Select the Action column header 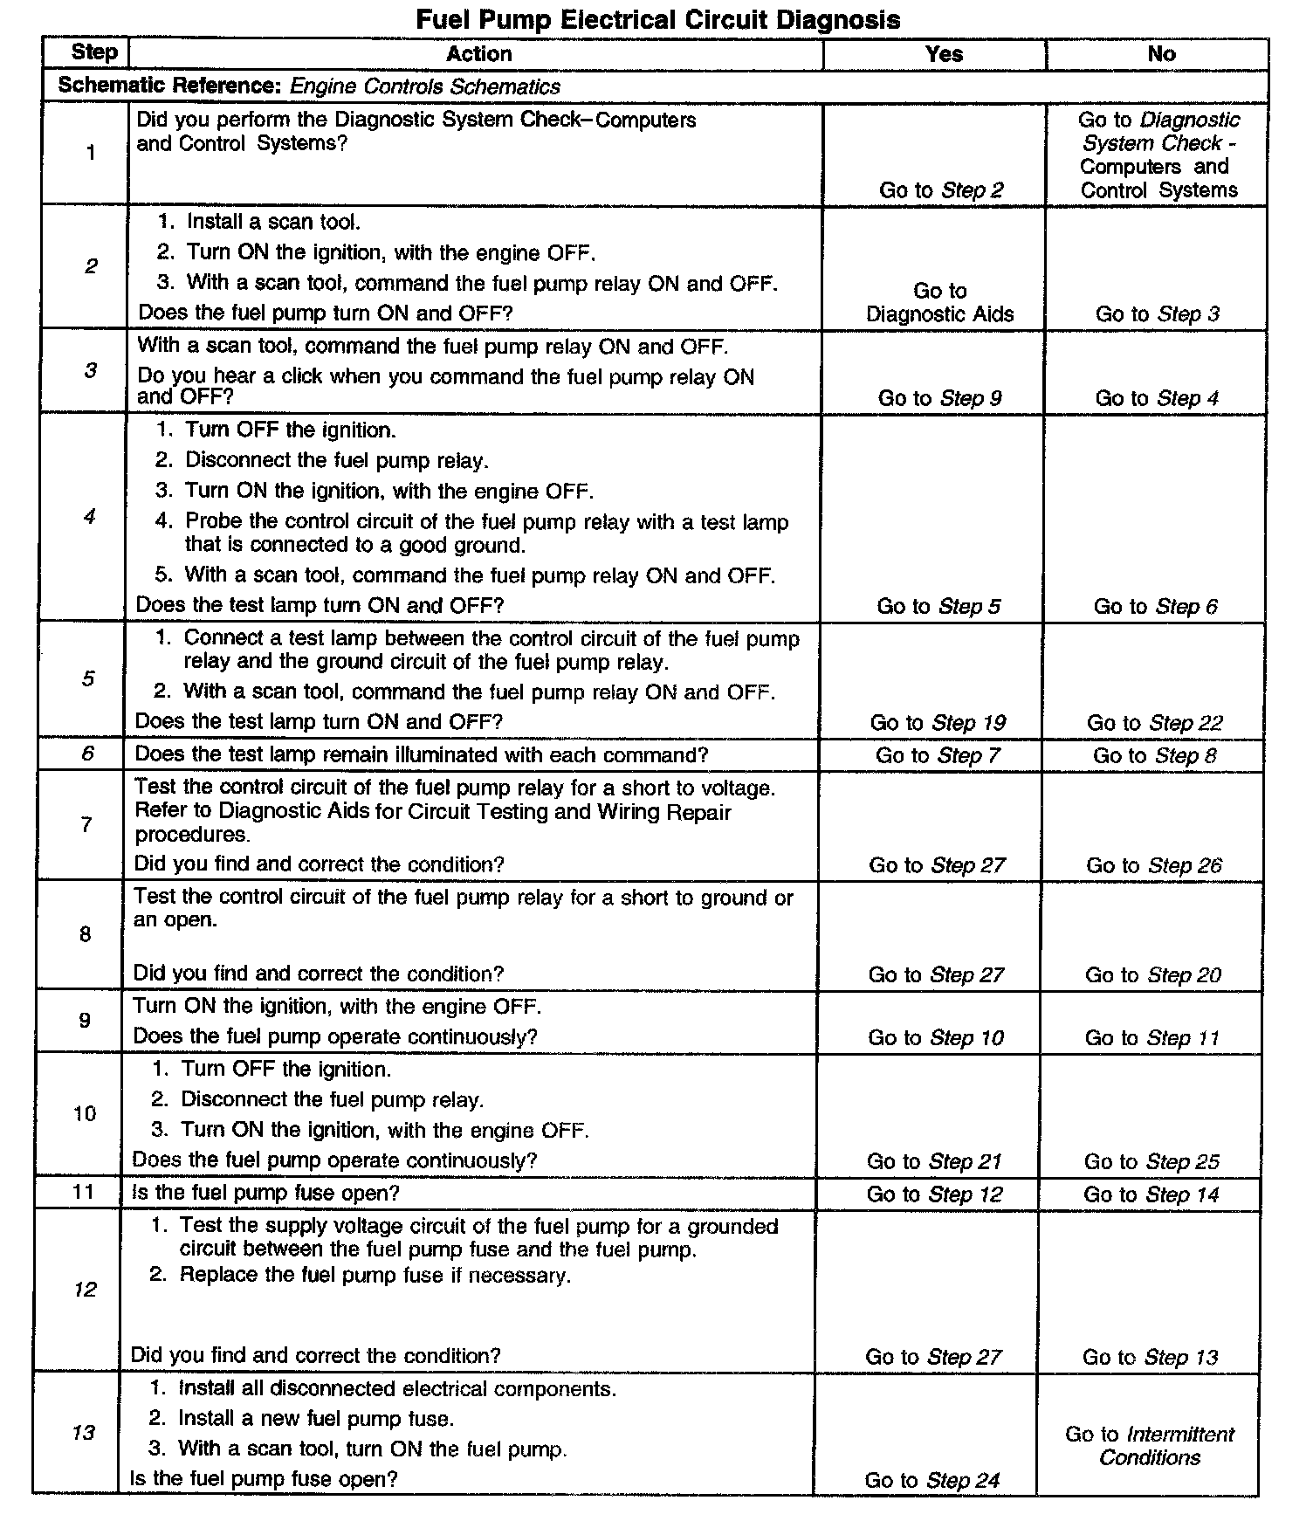[478, 54]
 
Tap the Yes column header [943, 54]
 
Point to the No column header [1161, 54]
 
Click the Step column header [93, 52]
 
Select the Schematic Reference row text [309, 86]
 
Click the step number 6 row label [87, 754]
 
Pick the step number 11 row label [84, 1192]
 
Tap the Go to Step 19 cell [938, 723]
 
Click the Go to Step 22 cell [1154, 723]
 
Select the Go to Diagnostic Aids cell [939, 302]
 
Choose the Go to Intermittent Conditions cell [1150, 1446]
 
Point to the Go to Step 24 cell [931, 1480]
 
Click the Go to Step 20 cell [1152, 975]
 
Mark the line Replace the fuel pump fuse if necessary [375, 1275]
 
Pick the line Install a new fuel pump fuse [315, 1419]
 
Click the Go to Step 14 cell [1151, 1194]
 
